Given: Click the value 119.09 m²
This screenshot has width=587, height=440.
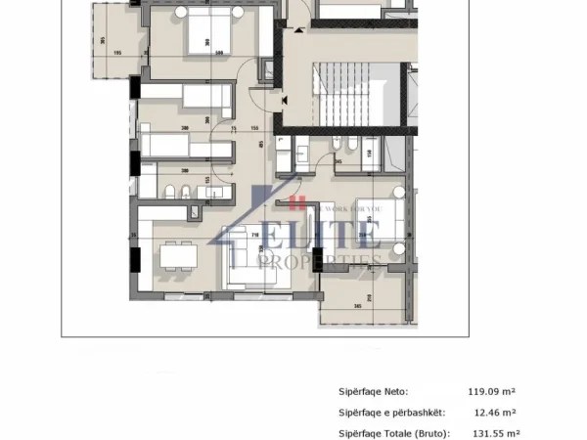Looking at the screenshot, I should (493, 390).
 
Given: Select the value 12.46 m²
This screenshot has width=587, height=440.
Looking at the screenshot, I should (495, 412).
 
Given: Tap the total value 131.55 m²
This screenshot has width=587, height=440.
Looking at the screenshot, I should (495, 433).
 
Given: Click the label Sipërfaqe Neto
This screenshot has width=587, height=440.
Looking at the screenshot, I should (374, 390).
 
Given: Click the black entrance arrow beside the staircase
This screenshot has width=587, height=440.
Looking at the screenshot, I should (283, 99).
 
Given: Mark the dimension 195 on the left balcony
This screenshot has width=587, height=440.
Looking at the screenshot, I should (118, 53).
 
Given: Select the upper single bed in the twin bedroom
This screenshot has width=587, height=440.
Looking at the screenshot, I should (186, 97).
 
